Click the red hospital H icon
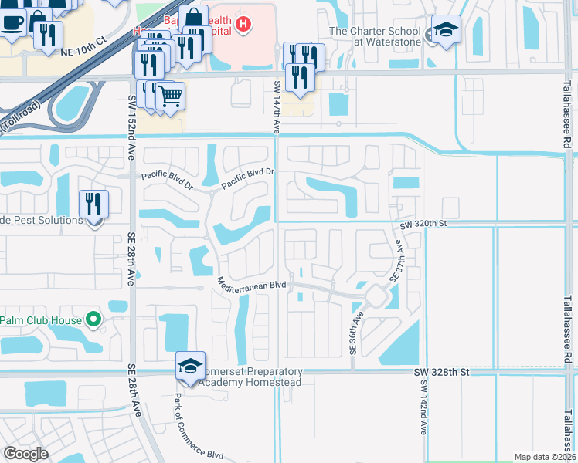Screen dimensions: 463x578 pyautogui.click(x=243, y=25)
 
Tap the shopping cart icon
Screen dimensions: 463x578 pyautogui.click(x=171, y=96)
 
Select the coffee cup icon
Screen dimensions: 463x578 pyautogui.click(x=12, y=22)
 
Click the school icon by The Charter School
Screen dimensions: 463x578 pyautogui.click(x=445, y=30)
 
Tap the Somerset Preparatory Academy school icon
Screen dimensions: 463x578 pyautogui.click(x=190, y=366)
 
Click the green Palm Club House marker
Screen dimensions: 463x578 pyautogui.click(x=93, y=319)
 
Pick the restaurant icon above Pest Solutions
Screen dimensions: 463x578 pyautogui.click(x=93, y=204)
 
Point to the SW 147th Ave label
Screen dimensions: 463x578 pyautogui.click(x=277, y=104)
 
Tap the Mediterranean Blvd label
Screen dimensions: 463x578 pyautogui.click(x=252, y=284)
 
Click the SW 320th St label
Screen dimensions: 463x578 pyautogui.click(x=424, y=225)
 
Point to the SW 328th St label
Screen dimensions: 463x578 pyautogui.click(x=441, y=372)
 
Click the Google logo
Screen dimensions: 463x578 pyautogui.click(x=25, y=454)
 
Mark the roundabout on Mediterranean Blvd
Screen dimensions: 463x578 pyautogui.click(x=377, y=295)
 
